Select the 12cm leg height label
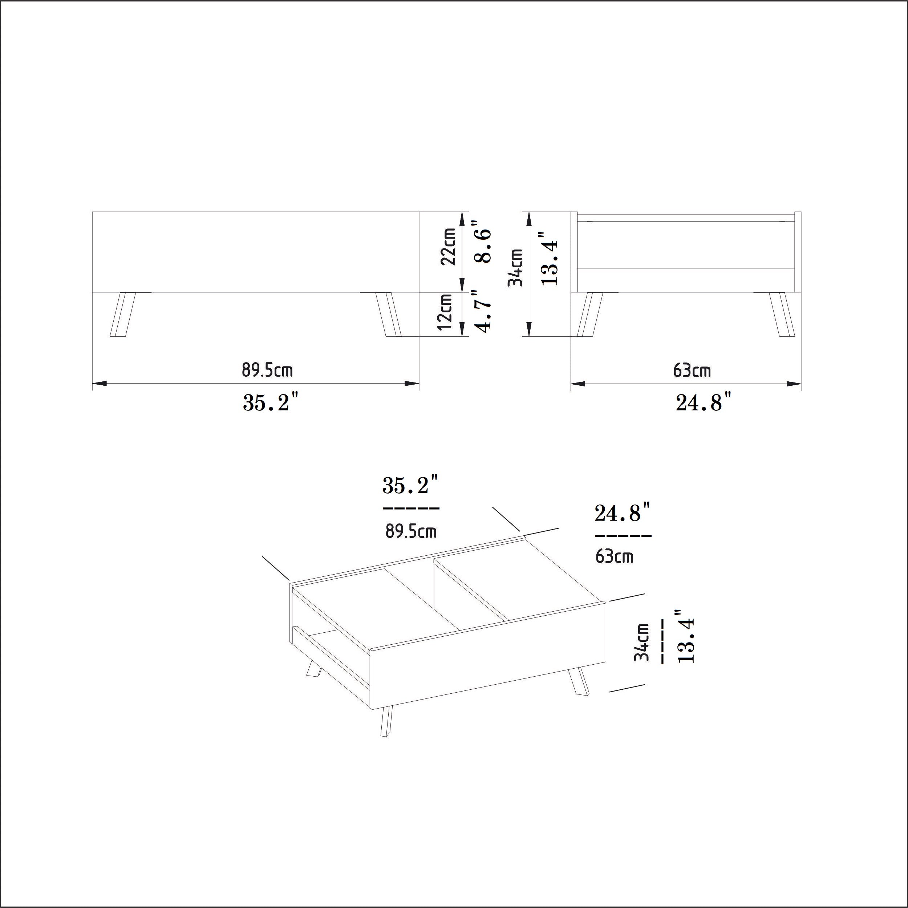[x=445, y=312]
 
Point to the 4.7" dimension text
[x=483, y=311]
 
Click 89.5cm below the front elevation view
[x=267, y=370]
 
